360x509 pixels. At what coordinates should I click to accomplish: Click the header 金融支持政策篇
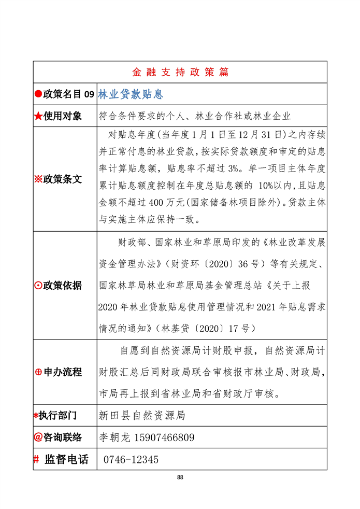click(180, 72)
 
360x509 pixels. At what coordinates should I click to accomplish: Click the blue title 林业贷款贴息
click(131, 94)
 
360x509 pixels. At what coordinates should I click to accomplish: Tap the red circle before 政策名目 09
click(38, 94)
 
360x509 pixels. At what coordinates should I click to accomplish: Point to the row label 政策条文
click(63, 179)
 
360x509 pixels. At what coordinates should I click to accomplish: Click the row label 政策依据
click(63, 285)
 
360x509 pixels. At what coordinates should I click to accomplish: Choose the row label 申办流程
click(63, 372)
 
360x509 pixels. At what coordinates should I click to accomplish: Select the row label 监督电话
click(66, 459)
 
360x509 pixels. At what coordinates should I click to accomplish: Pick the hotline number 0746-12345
click(131, 460)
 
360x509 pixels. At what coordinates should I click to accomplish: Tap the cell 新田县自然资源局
click(142, 416)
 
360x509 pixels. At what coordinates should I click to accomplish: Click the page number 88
click(180, 477)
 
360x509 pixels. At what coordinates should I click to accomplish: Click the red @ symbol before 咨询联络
click(38, 437)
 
